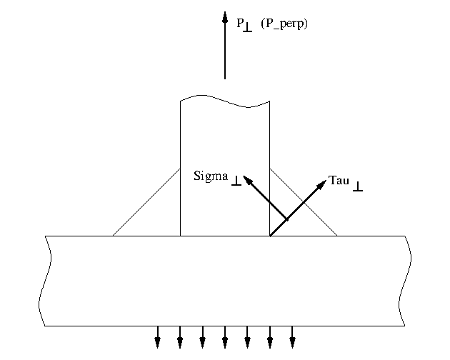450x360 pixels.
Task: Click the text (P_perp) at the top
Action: click(x=284, y=24)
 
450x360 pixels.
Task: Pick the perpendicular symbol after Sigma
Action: click(x=236, y=182)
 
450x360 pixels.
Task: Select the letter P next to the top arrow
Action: click(x=240, y=22)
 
